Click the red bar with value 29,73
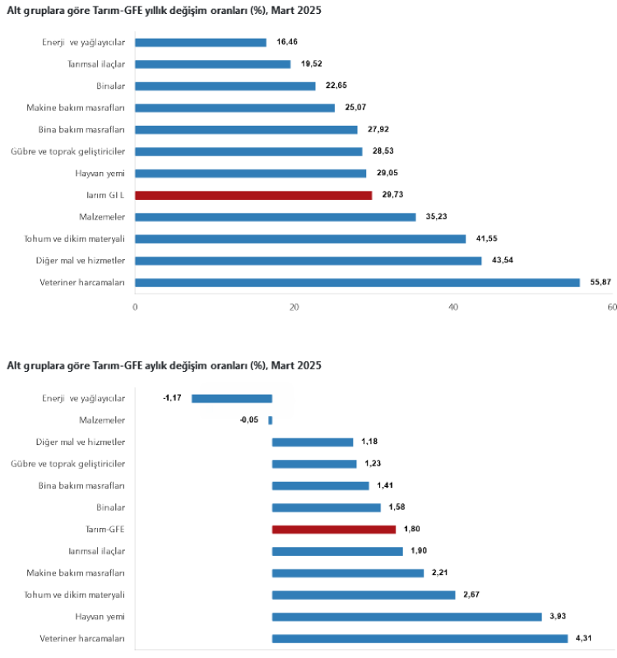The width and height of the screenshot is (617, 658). point(253,195)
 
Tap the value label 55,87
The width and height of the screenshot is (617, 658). point(600,282)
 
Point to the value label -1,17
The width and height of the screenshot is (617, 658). point(173,398)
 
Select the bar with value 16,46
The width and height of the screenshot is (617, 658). point(201,42)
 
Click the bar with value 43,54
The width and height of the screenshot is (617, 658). point(308,261)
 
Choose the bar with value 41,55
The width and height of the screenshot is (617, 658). point(300,239)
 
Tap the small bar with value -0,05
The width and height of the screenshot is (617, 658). point(270,420)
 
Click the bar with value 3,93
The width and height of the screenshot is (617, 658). point(406,616)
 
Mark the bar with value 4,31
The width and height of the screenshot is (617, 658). point(420,638)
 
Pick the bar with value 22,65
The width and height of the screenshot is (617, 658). point(225,86)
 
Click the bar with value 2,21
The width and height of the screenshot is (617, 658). point(347,572)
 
